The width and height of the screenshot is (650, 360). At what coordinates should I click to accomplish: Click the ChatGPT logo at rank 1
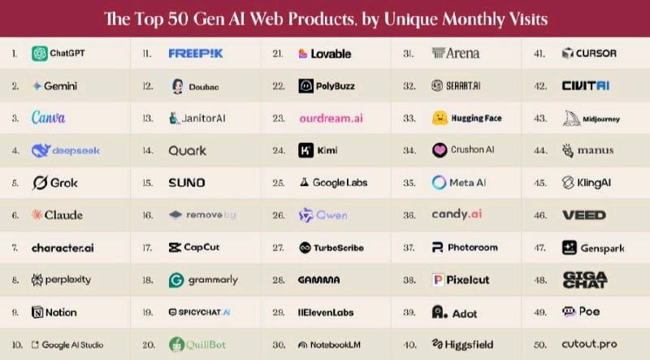[x=39, y=54]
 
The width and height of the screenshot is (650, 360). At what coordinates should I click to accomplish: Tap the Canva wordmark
[x=48, y=118]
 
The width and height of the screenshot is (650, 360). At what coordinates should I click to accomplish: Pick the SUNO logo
[x=186, y=183]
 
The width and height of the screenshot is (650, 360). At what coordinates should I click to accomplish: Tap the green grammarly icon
[x=175, y=280]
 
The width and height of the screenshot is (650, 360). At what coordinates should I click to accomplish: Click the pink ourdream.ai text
[x=331, y=118]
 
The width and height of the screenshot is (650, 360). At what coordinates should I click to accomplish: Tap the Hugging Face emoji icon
[x=440, y=118]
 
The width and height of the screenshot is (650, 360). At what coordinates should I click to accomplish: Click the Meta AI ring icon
[x=440, y=183]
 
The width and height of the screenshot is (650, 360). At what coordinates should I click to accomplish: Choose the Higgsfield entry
[x=467, y=345]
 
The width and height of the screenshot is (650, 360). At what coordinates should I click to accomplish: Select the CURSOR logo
[x=589, y=54]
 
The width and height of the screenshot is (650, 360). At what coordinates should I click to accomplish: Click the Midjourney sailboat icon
[x=570, y=118]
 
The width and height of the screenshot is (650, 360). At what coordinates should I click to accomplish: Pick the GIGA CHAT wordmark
[x=584, y=280]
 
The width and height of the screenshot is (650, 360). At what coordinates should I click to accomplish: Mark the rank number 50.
[x=538, y=345]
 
